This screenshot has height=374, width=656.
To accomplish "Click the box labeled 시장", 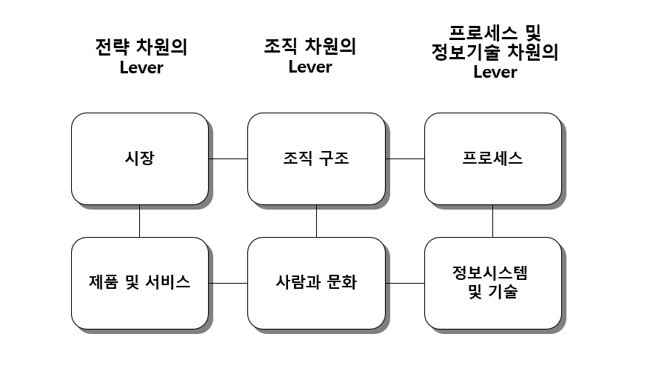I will point(139,158).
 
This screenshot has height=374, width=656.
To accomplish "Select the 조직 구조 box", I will point(316,158).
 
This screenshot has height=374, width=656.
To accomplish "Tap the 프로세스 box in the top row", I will point(492,158).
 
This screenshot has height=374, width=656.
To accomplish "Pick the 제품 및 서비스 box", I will point(139,283).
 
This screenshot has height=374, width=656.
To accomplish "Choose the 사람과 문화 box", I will point(316,283).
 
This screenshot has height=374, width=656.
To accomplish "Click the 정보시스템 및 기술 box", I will point(492,283).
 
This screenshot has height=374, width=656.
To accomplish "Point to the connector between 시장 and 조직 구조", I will point(228,158).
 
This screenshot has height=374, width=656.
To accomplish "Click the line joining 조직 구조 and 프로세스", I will point(405,158).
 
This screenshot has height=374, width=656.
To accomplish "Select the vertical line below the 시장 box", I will point(139,221).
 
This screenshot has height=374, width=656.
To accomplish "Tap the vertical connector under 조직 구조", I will point(316,221).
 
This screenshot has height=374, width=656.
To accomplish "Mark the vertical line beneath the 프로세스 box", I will point(492,221).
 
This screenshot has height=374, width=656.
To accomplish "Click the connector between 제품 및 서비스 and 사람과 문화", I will point(228,283).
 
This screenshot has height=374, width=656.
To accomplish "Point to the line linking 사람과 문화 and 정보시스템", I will point(405,283).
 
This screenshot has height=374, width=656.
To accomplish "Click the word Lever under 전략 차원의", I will point(141,68).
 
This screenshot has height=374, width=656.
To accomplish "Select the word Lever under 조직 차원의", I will point(310,67).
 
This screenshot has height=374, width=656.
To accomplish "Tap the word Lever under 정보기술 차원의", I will point(495,73).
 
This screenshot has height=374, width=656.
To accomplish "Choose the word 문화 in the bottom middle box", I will point(341,283).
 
